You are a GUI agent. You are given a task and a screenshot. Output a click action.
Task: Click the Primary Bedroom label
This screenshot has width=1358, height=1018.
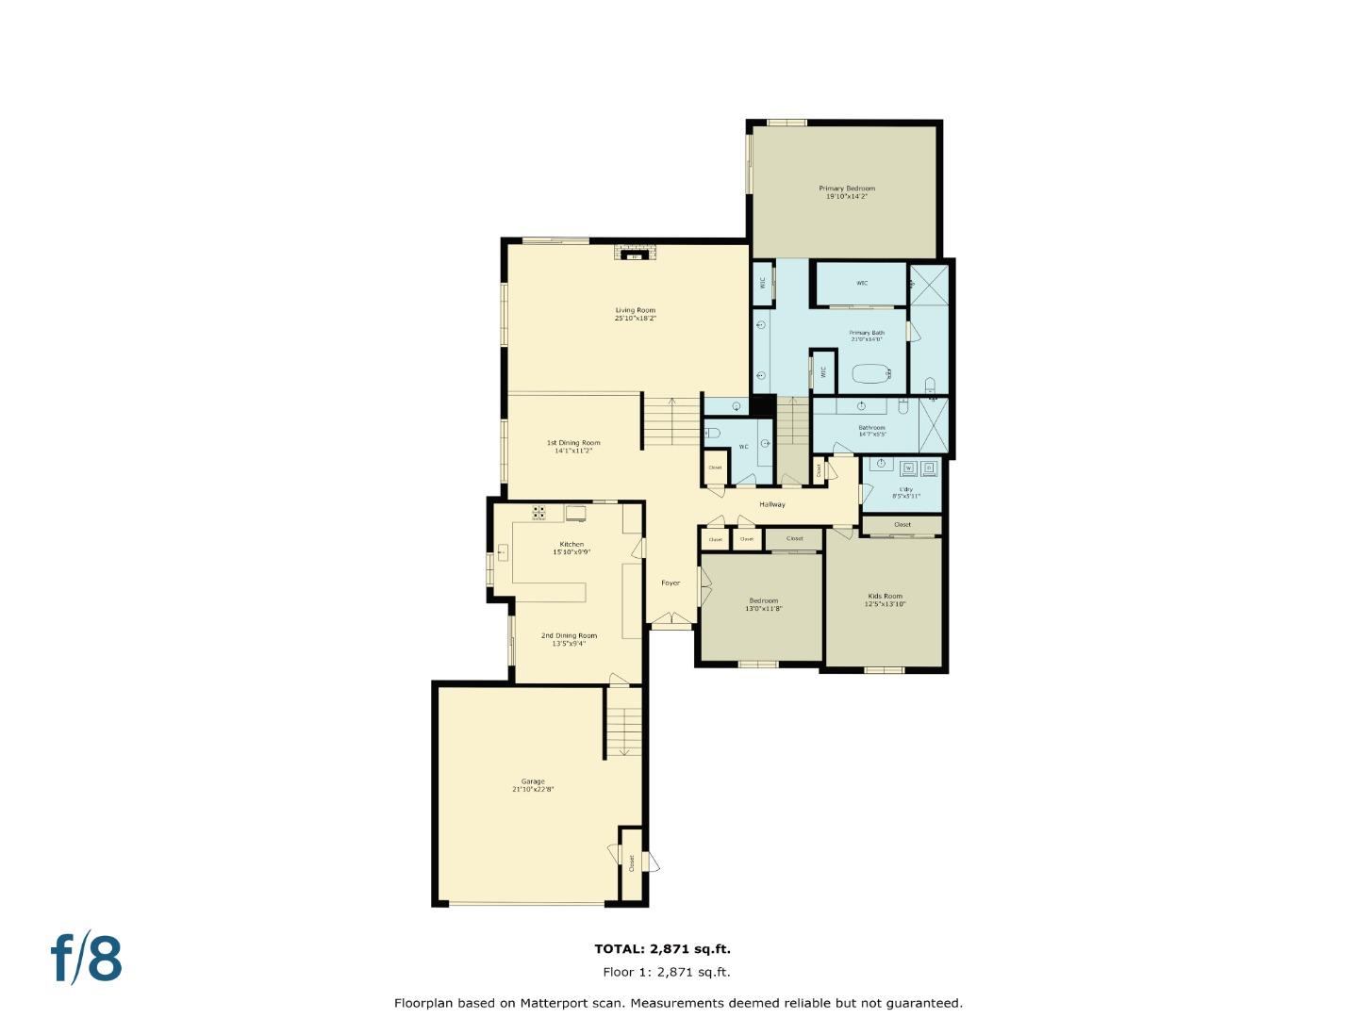click(846, 189)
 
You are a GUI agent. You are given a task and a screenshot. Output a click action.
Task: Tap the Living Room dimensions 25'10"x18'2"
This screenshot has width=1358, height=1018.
click(635, 319)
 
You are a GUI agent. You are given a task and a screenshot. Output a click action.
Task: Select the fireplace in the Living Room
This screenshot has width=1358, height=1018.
click(635, 253)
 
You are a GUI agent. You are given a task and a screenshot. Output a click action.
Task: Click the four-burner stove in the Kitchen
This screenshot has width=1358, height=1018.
click(538, 513)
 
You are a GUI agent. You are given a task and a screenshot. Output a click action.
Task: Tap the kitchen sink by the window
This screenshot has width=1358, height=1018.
click(503, 552)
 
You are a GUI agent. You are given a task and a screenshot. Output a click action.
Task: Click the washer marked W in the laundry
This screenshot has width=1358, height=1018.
click(908, 468)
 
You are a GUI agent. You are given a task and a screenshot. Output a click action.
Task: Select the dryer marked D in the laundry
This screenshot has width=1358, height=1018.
click(928, 468)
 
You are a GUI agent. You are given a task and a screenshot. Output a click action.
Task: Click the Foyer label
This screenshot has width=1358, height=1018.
click(670, 583)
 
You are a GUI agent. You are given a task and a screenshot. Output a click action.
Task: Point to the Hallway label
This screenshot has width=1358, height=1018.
click(771, 504)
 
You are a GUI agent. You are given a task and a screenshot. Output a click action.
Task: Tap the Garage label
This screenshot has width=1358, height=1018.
click(533, 781)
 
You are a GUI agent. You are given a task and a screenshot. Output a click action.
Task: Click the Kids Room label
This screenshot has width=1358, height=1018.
click(885, 596)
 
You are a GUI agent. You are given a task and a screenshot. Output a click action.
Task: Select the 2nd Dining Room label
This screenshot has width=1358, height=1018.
click(569, 636)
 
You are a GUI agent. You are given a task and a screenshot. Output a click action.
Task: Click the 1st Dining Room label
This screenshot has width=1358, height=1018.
click(573, 443)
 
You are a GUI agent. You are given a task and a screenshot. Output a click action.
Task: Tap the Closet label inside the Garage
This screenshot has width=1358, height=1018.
click(631, 862)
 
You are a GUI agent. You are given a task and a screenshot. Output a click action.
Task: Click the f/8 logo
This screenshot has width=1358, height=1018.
click(87, 959)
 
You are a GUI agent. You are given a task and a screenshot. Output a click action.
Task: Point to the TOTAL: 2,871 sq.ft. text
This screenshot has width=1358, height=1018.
click(662, 949)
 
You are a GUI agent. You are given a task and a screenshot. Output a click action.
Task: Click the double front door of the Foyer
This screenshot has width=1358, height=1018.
click(671, 619)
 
